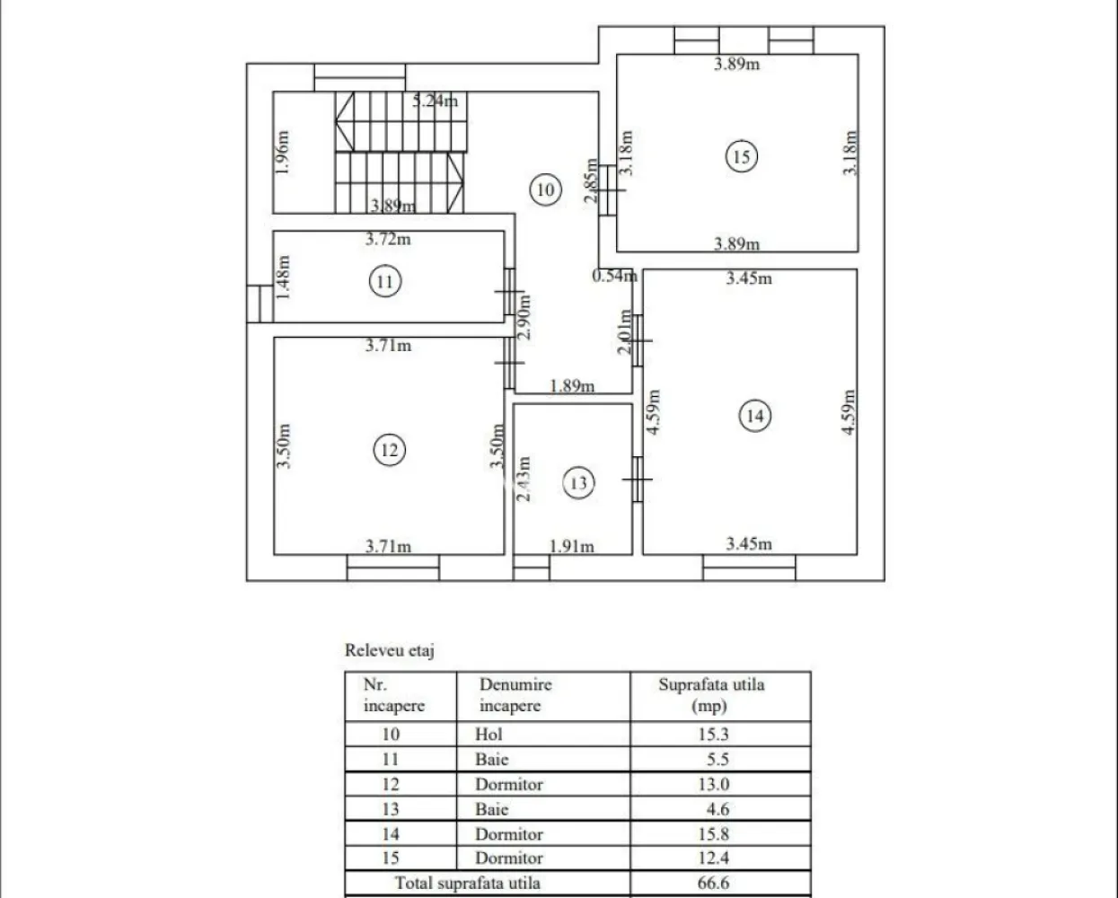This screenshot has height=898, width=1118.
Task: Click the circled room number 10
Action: coord(545,189)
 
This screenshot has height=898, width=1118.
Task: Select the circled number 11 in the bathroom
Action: coord(384,282)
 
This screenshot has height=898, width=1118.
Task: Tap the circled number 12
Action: coord(389,449)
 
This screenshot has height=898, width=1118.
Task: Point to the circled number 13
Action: coord(578,483)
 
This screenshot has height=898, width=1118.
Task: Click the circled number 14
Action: coord(754,415)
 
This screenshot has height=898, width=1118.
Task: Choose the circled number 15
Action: coord(741,156)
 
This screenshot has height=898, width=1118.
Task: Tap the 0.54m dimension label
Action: coord(613,276)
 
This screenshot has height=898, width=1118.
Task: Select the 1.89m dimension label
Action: coord(572,387)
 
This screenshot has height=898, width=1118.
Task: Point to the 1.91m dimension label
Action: coord(571,546)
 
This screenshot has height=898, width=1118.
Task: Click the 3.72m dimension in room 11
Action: coord(388,239)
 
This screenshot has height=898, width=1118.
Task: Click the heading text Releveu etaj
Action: coord(390,651)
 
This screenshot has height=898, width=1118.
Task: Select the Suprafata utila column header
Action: coord(711,694)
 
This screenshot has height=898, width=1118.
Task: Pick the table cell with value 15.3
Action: coord(713,734)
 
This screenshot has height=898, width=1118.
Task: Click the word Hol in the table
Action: coord(488,734)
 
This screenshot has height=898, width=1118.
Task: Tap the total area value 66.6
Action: coord(713,883)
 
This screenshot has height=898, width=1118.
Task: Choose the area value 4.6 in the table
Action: coord(717,809)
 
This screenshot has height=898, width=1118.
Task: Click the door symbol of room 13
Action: coord(637,480)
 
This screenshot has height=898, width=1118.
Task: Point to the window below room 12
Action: coord(392,568)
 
